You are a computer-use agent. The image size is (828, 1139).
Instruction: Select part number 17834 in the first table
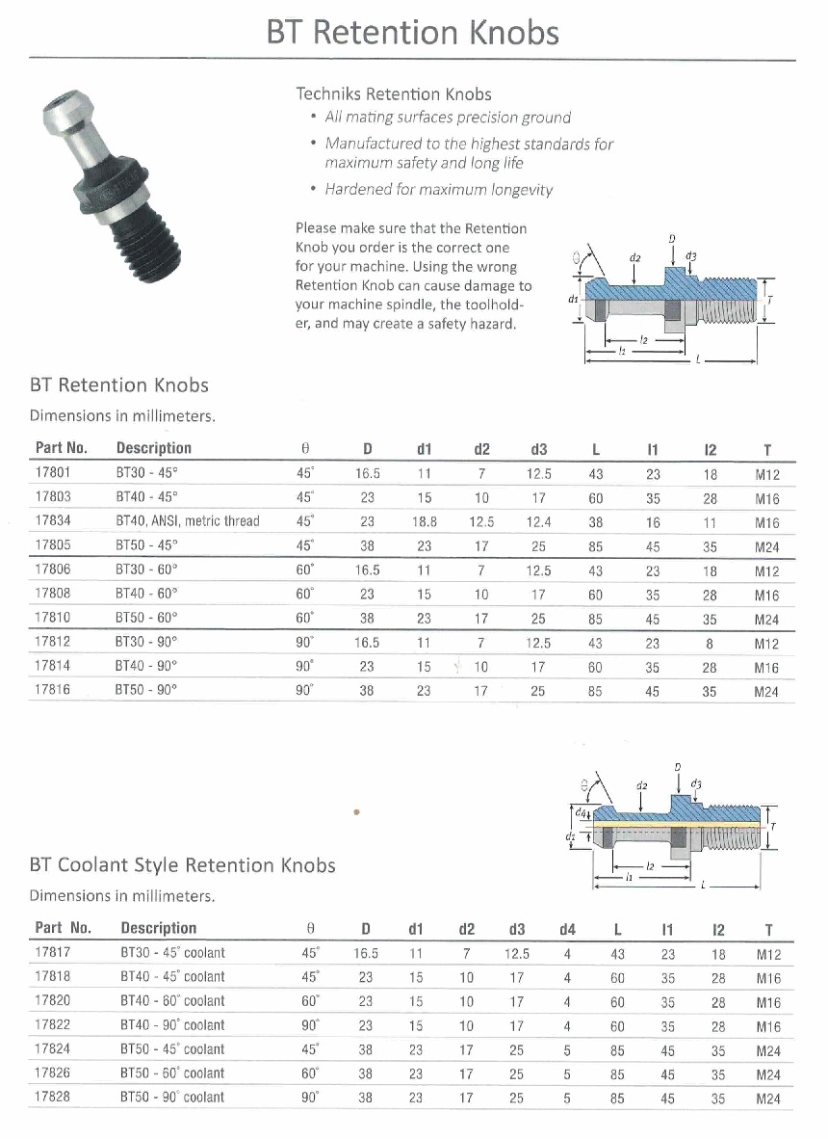tap(52, 521)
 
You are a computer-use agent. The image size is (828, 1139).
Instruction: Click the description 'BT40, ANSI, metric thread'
tap(188, 521)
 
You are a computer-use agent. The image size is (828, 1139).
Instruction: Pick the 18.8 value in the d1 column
tap(424, 521)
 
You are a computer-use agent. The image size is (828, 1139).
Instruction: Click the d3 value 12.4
tap(538, 521)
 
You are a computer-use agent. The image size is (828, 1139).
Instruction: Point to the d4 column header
tap(567, 929)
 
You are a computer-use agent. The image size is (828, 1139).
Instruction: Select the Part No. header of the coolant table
tap(63, 928)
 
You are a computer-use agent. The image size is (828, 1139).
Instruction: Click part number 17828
tap(52, 1097)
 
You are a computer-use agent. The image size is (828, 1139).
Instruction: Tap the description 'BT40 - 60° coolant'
tap(172, 1001)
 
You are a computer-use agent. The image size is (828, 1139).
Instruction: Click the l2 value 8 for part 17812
tap(711, 643)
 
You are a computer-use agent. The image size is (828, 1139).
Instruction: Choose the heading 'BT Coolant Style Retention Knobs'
tap(183, 864)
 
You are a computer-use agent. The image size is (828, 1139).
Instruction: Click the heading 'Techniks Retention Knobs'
tap(393, 93)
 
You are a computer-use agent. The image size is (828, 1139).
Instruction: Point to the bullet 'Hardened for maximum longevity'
tap(438, 189)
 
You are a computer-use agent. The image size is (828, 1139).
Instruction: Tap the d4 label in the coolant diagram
tap(569, 813)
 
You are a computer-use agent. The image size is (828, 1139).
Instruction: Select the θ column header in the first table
tap(305, 449)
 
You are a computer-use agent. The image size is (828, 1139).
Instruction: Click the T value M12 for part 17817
tap(767, 954)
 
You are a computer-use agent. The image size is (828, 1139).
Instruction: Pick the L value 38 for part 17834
tap(596, 521)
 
